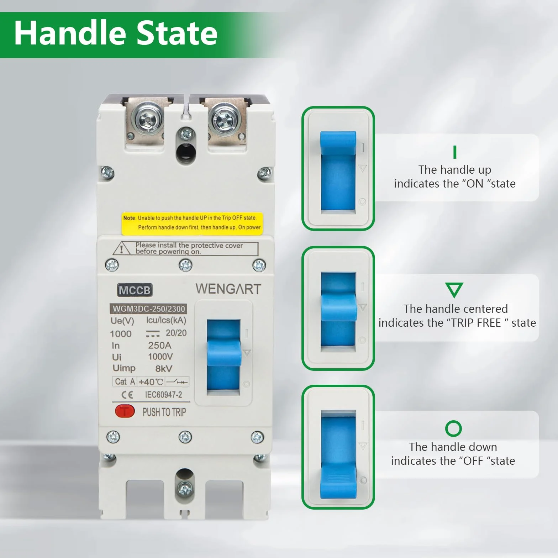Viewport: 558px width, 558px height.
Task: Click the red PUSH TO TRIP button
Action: pos(125,411)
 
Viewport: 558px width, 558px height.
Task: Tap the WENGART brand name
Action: pos(228,289)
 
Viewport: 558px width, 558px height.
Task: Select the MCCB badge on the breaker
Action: pos(135,290)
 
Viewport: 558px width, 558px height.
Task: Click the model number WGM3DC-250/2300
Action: pos(149,309)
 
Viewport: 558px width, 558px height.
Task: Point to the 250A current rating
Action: pos(160,345)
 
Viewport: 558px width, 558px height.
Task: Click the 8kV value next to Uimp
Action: pos(163,369)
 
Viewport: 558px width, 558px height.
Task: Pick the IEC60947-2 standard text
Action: pos(163,395)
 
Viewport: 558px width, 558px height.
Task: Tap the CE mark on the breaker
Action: pos(127,395)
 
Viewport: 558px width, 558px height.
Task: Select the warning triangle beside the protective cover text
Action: pos(122,249)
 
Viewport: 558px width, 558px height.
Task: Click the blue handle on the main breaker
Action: pos(224,352)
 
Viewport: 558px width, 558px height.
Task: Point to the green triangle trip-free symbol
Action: pos(454,290)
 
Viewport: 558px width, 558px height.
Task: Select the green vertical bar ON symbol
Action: pos(455,152)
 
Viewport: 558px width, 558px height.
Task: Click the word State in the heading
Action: pos(177,33)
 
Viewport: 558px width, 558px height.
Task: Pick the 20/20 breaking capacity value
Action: pos(176,333)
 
